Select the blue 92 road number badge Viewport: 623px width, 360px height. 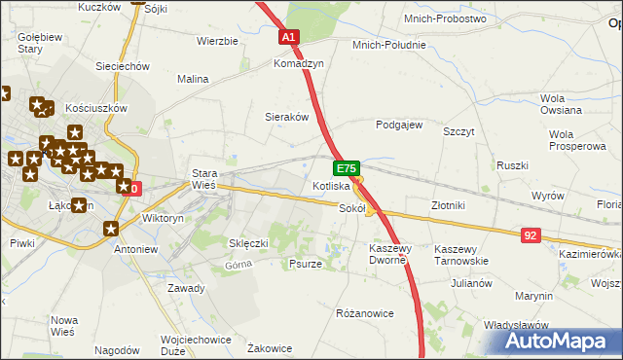click(531, 234)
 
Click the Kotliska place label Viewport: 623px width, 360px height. click(330, 186)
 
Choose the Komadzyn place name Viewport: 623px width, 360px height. click(297, 61)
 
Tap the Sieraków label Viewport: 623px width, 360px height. click(287, 116)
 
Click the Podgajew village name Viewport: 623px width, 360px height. click(399, 125)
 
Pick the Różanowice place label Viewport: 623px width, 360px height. click(364, 313)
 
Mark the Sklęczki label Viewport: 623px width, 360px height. click(248, 242)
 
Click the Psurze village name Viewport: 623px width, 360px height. click(306, 264)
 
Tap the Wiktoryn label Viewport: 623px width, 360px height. click(163, 219)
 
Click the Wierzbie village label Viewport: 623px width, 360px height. click(217, 41)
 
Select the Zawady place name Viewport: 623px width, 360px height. click(186, 288)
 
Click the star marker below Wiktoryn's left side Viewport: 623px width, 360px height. click(111, 229)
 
